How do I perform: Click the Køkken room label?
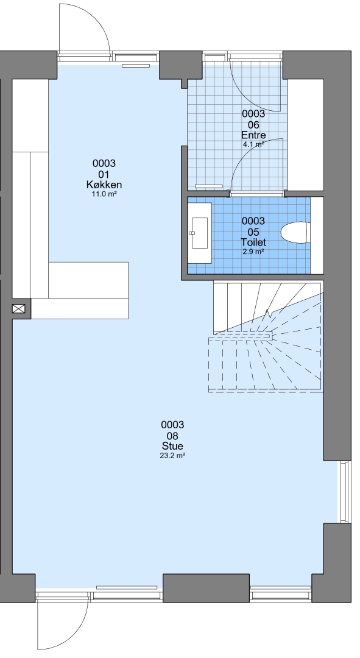click(104, 185)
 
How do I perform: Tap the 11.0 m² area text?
click(104, 194)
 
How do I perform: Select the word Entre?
click(253, 135)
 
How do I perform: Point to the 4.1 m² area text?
click(253, 144)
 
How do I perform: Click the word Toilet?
click(253, 242)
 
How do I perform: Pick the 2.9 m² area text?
click(253, 252)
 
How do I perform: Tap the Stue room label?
click(172, 446)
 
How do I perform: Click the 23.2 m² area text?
click(172, 455)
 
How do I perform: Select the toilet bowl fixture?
click(295, 233)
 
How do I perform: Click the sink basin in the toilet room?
click(199, 233)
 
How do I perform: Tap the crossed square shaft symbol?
click(18, 309)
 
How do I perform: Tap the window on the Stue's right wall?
click(345, 492)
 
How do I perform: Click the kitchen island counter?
click(80, 291)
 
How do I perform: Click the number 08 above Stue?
click(172, 436)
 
